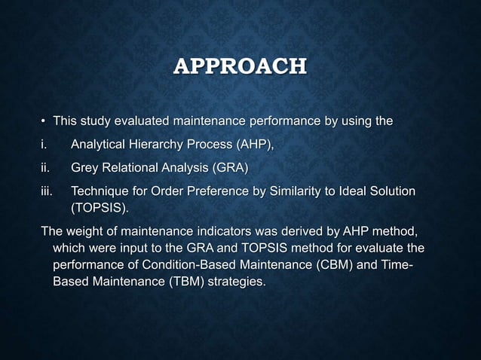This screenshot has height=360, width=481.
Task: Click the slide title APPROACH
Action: click(x=240, y=66)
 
